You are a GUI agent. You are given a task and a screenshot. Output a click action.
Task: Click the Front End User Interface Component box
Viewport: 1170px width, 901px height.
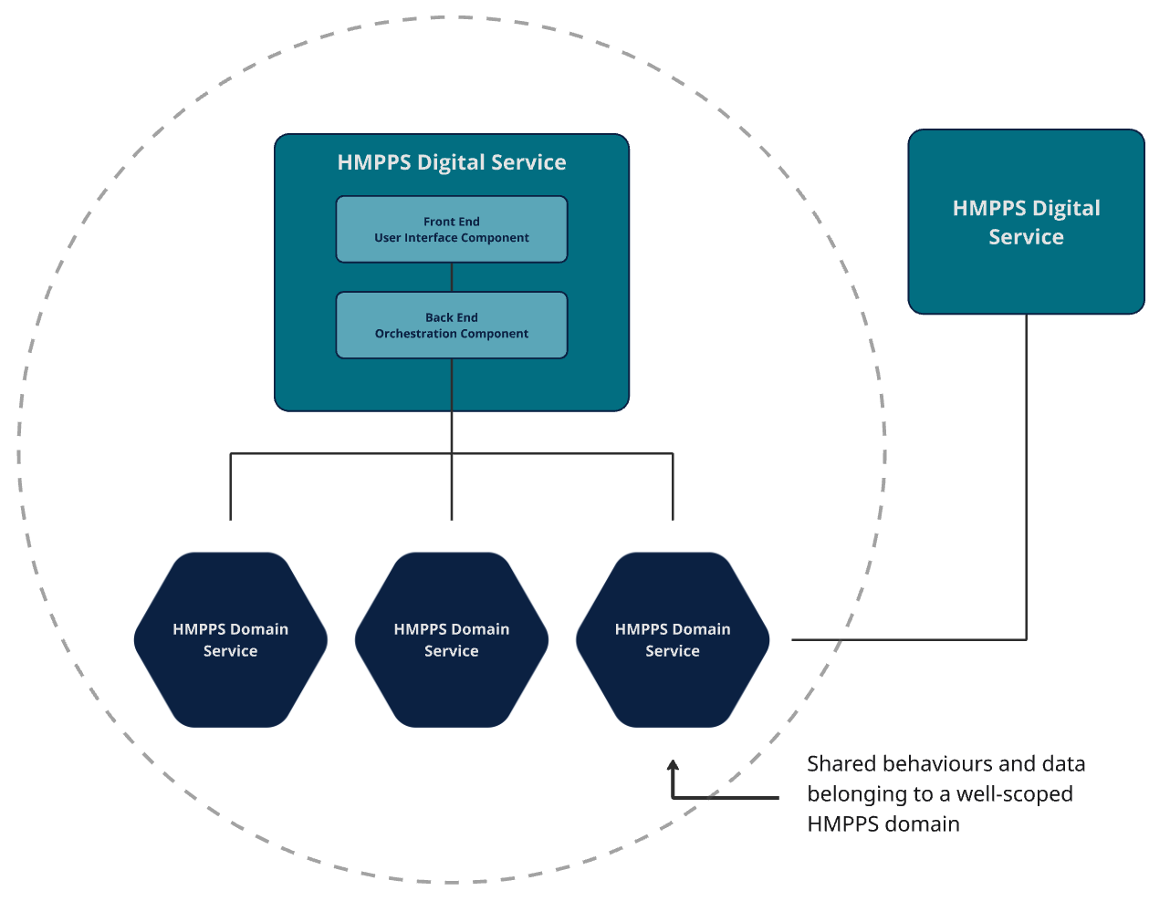pos(452,230)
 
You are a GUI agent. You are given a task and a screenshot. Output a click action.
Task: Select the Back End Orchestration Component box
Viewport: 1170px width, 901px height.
pos(452,326)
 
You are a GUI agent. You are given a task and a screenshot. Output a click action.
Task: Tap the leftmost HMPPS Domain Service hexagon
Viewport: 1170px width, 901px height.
pos(231,639)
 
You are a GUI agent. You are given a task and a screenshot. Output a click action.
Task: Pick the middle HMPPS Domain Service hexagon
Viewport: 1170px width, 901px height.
pos(452,639)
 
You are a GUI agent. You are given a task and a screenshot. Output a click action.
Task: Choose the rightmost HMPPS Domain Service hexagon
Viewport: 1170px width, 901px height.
pos(673,639)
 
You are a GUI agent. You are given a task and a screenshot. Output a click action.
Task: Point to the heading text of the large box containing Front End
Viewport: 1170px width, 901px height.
pos(452,162)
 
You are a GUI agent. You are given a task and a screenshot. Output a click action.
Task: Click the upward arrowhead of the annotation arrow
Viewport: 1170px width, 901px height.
pos(674,767)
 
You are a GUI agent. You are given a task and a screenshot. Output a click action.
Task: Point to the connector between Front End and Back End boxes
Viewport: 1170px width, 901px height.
pos(452,277)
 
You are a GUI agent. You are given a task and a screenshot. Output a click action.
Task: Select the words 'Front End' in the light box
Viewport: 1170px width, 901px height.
pos(452,222)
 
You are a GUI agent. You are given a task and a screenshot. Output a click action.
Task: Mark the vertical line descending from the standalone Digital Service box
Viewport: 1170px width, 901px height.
pos(1027,474)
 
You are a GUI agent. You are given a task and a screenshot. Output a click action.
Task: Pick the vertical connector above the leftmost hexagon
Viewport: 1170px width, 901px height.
pos(231,488)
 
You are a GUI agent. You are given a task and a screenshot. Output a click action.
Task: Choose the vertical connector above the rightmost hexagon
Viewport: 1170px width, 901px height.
pos(673,488)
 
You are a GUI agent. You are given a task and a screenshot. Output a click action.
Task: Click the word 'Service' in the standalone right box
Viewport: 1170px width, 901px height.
pos(1026,237)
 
